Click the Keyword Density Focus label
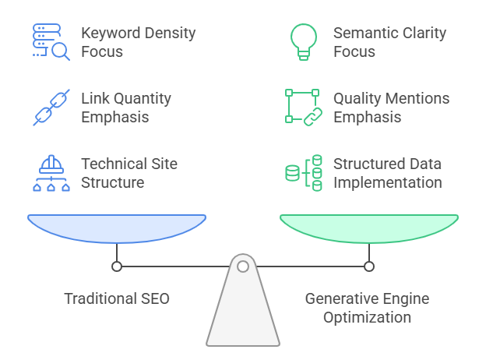point(138,42)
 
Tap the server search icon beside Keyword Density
point(51,42)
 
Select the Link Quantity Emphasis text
point(125,108)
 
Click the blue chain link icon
point(51,108)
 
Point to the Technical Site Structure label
point(129,173)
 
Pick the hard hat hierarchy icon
point(51,173)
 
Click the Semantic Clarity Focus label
point(389,42)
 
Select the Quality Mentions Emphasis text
point(391,108)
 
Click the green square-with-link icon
point(303,108)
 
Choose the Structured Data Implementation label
point(387,173)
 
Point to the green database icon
point(303,173)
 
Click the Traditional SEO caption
point(117,298)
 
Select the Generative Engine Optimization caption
point(366,308)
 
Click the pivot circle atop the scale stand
point(243,266)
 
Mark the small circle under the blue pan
point(117,266)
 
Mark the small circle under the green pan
point(369,266)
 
